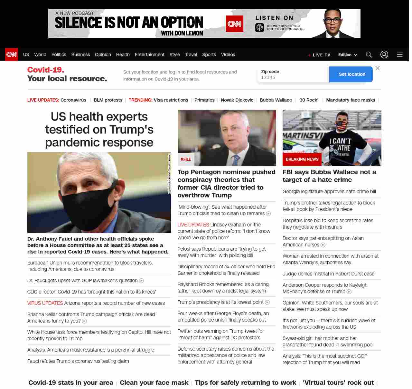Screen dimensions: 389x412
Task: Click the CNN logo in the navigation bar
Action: coord(12,55)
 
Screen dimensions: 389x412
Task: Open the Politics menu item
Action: coord(59,55)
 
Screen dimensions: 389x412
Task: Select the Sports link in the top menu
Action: coord(209,55)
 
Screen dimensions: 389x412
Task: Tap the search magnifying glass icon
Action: coord(369,55)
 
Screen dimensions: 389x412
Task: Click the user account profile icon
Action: coord(384,55)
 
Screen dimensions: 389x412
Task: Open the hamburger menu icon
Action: coord(400,55)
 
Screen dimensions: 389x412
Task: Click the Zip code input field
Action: coord(293,77)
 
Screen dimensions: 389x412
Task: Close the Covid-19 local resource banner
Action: coord(378,68)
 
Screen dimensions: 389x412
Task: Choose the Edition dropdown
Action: coord(348,55)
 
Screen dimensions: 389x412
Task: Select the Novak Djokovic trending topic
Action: coord(237,100)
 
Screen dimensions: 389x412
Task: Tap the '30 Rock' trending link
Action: coord(308,100)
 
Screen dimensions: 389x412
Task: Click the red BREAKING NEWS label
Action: coord(302,159)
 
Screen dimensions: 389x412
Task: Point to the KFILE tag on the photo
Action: coord(186,159)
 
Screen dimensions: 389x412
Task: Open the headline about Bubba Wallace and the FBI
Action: coord(329,176)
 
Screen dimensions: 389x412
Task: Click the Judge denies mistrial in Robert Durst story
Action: coord(328,274)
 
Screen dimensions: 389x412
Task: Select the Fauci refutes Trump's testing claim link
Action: coord(78,361)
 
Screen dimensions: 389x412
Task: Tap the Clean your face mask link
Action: coord(154,383)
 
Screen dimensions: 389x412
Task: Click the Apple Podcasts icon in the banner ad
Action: coord(260,27)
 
